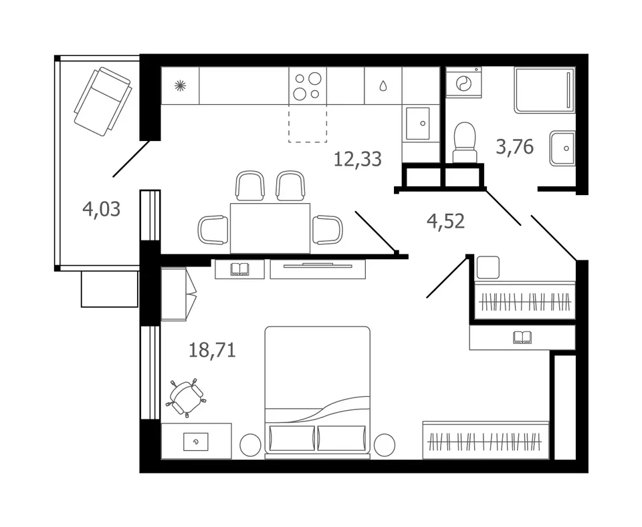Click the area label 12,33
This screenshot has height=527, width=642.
coord(357,159)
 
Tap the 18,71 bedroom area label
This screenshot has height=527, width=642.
coord(212,351)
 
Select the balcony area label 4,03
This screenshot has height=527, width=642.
coord(101,209)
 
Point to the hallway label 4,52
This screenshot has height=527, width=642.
coord(445,221)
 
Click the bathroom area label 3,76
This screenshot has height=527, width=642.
coord(515,146)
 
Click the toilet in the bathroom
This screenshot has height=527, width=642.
coord(465,142)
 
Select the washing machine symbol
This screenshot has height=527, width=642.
coord(463,83)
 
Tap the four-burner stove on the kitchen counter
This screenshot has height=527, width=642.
coord(308,86)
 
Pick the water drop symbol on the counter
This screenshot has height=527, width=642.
coord(383,86)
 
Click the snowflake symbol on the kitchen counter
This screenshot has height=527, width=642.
coord(180,85)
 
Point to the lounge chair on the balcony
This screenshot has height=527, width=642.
coord(103,102)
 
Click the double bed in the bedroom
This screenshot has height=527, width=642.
coord(317,392)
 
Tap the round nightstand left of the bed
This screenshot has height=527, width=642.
coord(250,445)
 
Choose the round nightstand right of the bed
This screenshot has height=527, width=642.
coord(384,445)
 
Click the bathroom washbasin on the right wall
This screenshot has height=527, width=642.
coord(562,148)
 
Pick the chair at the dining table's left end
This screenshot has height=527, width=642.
coord(213,230)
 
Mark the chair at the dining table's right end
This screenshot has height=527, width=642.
coord(328,230)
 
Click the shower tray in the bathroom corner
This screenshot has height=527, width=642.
coord(545,90)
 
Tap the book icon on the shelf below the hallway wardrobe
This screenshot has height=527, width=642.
coord(522,337)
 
